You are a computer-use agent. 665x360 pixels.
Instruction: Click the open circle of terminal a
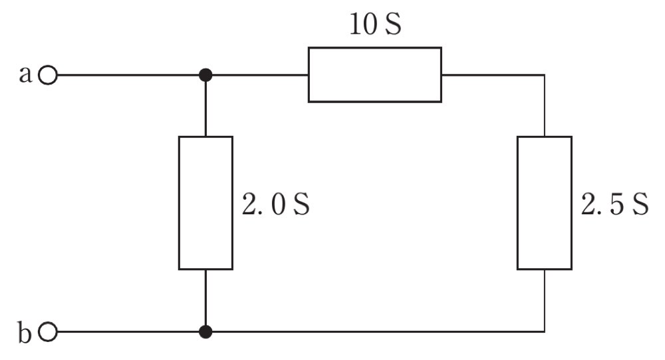coord(47,76)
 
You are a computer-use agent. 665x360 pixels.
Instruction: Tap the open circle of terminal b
coord(47,332)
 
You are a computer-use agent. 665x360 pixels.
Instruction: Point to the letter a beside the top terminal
coord(25,75)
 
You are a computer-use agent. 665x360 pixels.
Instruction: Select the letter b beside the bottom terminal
coord(25,332)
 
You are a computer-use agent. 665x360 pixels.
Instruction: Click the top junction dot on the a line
coord(205,76)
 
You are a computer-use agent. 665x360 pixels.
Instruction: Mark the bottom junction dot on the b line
coord(205,331)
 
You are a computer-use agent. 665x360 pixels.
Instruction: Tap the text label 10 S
coord(375,24)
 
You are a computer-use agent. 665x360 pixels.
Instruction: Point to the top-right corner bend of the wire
coord(545,76)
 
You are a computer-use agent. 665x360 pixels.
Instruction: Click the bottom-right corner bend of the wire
coord(545,331)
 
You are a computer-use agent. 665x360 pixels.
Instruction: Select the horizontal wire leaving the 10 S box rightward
coord(493,76)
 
